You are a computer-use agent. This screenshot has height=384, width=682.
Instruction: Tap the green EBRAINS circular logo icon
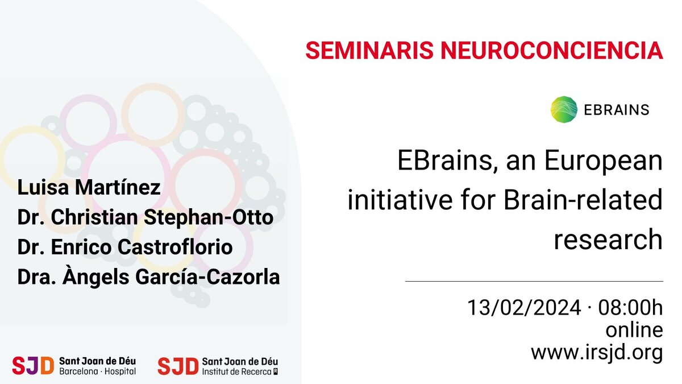[564, 109]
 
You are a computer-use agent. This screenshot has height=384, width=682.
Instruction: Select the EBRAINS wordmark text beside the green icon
[616, 110]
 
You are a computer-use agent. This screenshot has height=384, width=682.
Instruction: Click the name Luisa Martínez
[89, 187]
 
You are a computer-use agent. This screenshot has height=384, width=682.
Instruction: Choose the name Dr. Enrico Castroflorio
[125, 247]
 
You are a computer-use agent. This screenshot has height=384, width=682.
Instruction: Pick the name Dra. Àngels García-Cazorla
[149, 278]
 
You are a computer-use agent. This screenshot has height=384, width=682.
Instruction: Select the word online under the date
[634, 330]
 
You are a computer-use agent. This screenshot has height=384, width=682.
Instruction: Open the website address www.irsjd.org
[597, 352]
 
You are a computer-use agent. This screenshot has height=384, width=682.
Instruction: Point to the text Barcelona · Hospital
[97, 372]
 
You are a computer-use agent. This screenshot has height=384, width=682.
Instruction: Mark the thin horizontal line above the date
[534, 281]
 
